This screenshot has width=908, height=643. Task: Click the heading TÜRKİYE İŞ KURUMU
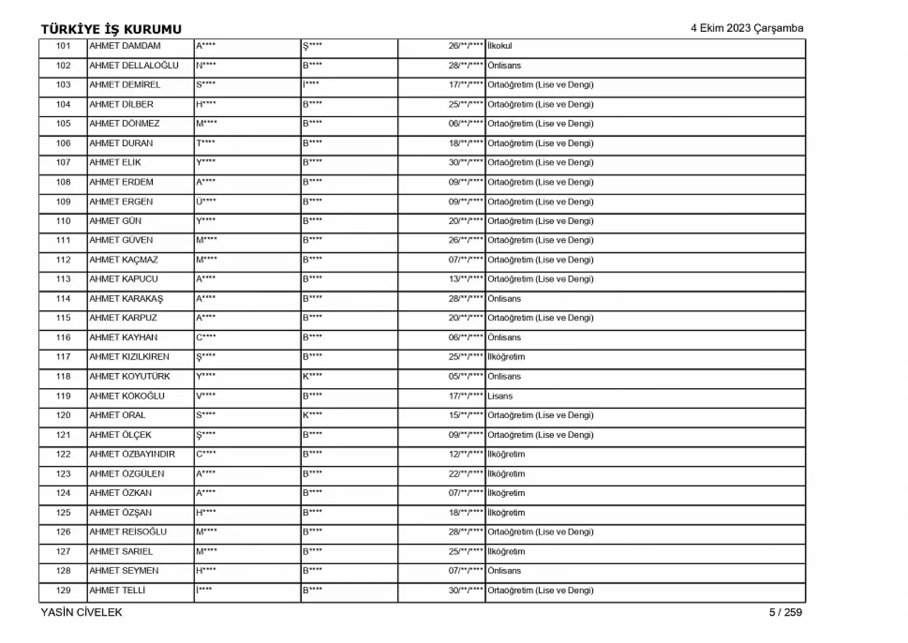coord(111,29)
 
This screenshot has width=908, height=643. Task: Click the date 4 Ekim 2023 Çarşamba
coord(747,29)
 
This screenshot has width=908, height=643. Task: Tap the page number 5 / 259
coord(785,612)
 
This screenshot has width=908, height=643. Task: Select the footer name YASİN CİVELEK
coord(82,612)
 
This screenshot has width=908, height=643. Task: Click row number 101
coord(63,46)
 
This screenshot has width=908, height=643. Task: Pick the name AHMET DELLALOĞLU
coord(134,65)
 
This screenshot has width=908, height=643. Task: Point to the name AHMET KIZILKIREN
coord(129,357)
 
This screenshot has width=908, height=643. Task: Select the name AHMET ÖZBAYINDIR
coord(132,454)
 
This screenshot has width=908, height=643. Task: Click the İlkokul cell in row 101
coord(499,46)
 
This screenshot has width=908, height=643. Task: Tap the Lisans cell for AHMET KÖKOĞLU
coord(500,396)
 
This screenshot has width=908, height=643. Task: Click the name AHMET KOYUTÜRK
coord(130,376)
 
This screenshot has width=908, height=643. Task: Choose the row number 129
coord(63,590)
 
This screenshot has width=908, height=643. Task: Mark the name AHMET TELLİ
coord(117,590)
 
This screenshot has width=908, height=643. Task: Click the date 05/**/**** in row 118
coord(465,376)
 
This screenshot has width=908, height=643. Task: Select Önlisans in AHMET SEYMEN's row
coord(504,571)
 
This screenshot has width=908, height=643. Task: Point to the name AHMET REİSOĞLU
coord(128,532)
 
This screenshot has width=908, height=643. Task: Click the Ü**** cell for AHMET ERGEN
coord(206,201)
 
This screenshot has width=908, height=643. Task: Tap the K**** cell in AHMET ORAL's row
coord(312,415)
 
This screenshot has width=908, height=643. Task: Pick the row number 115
coord(63,318)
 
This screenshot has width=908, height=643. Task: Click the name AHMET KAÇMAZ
coord(124,260)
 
